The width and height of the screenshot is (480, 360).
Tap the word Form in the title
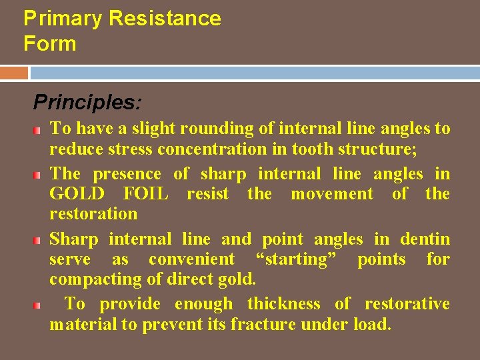[x=49, y=44]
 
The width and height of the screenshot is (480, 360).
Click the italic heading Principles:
[x=87, y=102]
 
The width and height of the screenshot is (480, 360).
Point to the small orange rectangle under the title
[x=14, y=72]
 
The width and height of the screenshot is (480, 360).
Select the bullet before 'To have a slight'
[x=41, y=129]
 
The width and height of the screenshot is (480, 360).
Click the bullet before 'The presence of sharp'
[x=41, y=175]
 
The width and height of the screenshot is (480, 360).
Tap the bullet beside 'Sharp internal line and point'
[x=41, y=239]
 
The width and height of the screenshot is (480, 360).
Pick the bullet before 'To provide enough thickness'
[x=41, y=305]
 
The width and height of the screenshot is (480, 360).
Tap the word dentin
[x=425, y=239]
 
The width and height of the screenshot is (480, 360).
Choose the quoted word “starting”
[x=295, y=259]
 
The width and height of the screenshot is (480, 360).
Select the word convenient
[x=191, y=259]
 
